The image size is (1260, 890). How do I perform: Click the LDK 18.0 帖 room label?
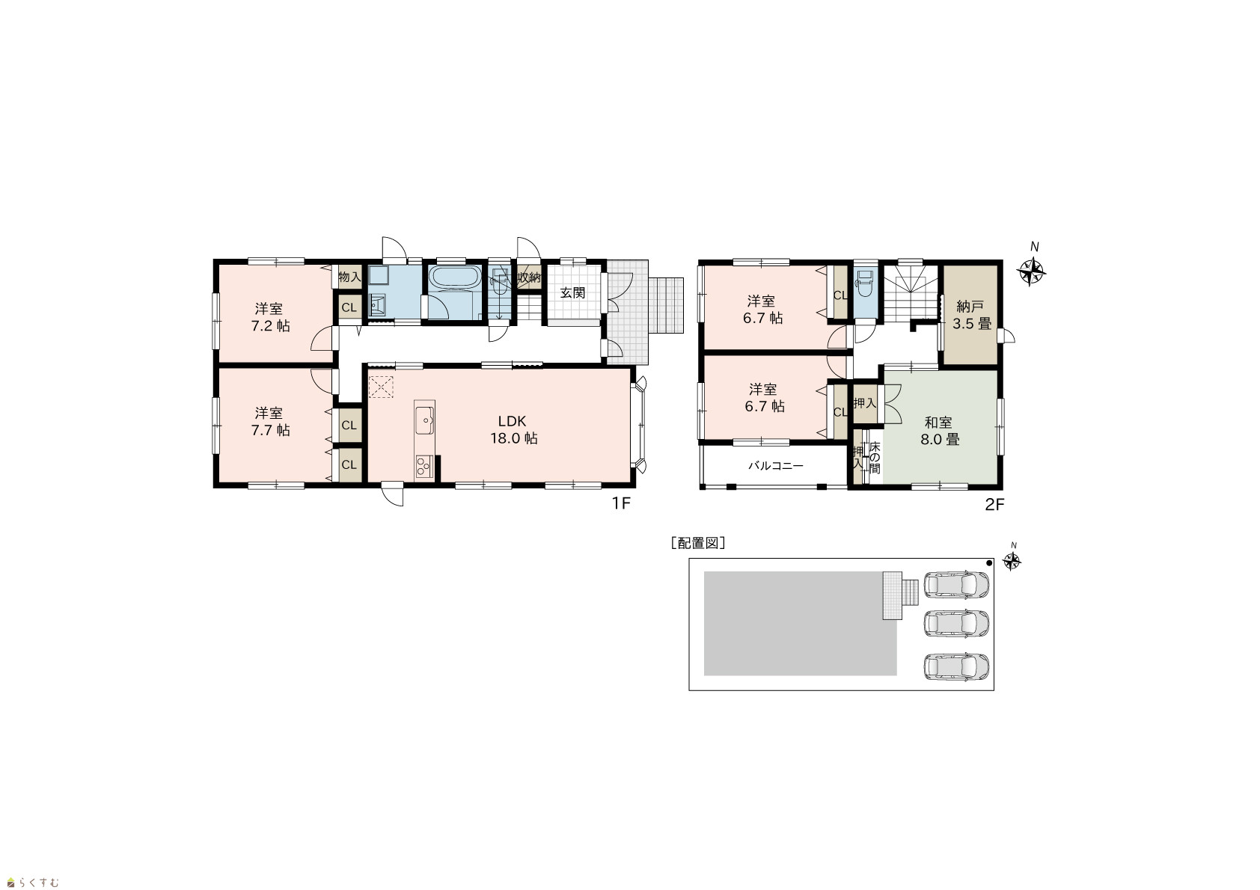pyautogui.click(x=513, y=429)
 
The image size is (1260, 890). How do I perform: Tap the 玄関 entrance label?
pyautogui.click(x=572, y=293)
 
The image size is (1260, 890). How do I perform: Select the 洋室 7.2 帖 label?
pyautogui.click(x=270, y=317)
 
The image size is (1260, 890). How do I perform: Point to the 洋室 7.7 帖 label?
pyautogui.click(x=270, y=422)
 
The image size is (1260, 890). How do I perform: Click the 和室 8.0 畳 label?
pyautogui.click(x=939, y=431)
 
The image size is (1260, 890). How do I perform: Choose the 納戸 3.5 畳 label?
pyautogui.click(x=971, y=315)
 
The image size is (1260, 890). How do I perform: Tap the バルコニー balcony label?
pyautogui.click(x=776, y=465)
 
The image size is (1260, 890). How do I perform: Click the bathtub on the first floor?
pyautogui.click(x=455, y=278)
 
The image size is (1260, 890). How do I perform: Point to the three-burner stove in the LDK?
pyautogui.click(x=424, y=467)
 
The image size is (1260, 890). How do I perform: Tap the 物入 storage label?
pyautogui.click(x=349, y=277)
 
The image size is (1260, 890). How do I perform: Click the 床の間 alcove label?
pyautogui.click(x=875, y=457)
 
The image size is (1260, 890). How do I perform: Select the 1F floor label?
pyautogui.click(x=621, y=503)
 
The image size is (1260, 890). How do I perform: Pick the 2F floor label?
pyautogui.click(x=994, y=504)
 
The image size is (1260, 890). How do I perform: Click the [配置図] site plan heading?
pyautogui.click(x=698, y=543)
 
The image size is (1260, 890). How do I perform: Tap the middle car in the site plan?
pyautogui.click(x=956, y=624)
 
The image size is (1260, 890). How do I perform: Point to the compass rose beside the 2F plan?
pyautogui.click(x=1031, y=272)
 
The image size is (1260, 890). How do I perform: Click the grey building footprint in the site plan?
pyautogui.click(x=800, y=624)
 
